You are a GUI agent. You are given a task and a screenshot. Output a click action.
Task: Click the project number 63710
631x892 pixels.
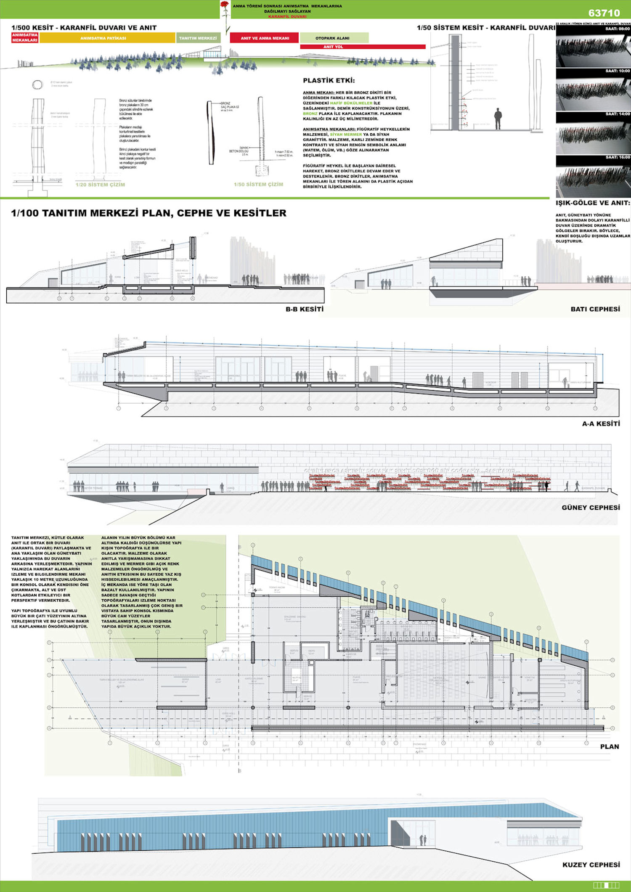point(604,13)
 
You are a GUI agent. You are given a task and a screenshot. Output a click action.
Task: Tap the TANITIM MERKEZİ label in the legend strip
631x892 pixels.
point(198,38)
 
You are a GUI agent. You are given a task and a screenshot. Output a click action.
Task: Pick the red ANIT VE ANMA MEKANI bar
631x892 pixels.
point(265,38)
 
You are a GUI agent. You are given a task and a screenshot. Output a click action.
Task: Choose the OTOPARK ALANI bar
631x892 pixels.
point(334,38)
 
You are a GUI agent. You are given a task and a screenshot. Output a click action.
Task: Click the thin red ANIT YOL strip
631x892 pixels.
point(362,47)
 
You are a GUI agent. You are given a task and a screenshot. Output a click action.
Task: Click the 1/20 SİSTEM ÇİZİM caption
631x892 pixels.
point(100,185)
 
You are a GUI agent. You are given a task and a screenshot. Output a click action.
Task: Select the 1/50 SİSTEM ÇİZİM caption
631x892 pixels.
point(258,184)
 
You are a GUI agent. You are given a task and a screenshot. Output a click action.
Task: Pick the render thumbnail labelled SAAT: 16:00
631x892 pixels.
point(593,176)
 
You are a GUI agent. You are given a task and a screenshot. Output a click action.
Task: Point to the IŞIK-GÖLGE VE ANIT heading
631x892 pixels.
point(593,203)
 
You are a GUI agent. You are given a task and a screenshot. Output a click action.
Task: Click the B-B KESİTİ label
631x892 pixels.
point(305,309)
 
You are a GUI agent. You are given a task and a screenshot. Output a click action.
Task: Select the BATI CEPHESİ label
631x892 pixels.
point(595,309)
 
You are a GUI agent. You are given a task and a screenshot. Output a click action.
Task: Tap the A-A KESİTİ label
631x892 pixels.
point(601,424)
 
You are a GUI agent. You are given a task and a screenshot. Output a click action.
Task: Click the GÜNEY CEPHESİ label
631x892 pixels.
point(591,508)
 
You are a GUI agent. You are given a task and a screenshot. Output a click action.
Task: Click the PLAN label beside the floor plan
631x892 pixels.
point(609,746)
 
